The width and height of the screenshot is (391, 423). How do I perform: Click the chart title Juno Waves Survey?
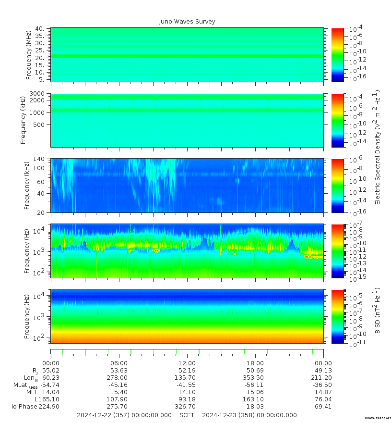coord(187,22)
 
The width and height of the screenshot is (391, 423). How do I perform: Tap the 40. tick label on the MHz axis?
coord(40,29)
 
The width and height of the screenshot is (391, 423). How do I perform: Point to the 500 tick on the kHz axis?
coord(39,125)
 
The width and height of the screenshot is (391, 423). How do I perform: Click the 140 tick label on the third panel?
coord(39,159)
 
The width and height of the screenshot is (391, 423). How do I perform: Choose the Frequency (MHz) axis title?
coord(29,54)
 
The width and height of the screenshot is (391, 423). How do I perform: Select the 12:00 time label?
coord(187,363)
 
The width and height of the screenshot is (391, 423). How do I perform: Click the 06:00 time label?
coord(119,363)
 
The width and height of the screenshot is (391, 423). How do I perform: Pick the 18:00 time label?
coord(255,363)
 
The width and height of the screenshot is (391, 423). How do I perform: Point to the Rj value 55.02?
coord(51,371)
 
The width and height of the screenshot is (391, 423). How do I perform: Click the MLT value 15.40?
coord(119,392)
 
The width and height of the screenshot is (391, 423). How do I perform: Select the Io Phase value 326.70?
coord(187,407)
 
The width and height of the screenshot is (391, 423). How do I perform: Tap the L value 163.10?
coord(255,399)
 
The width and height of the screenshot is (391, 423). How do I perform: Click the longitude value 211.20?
coord(323,378)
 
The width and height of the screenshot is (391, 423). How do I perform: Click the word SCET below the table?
coord(187,415)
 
